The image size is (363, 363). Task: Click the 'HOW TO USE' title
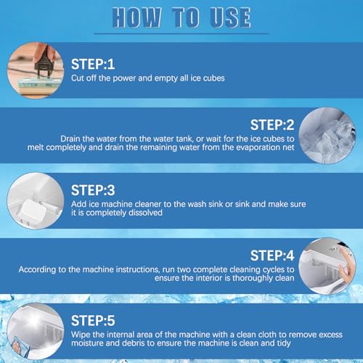pyautogui.click(x=181, y=17)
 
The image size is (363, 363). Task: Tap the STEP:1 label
pyautogui.click(x=93, y=65)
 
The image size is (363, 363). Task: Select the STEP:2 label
pyautogui.click(x=272, y=125)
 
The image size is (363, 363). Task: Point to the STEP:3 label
pyautogui.click(x=93, y=190)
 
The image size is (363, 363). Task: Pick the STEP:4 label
pyautogui.click(x=272, y=256)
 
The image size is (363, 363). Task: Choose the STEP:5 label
pyautogui.click(x=93, y=321)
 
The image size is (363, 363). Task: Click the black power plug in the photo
pyautogui.click(x=44, y=62)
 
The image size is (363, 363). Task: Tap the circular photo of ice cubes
pyautogui.click(x=327, y=136)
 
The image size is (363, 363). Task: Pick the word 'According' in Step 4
pyautogui.click(x=37, y=269)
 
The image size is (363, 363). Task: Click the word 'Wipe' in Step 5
pyautogui.click(x=81, y=335)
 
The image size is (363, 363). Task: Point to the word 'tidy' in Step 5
pyautogui.click(x=282, y=343)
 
